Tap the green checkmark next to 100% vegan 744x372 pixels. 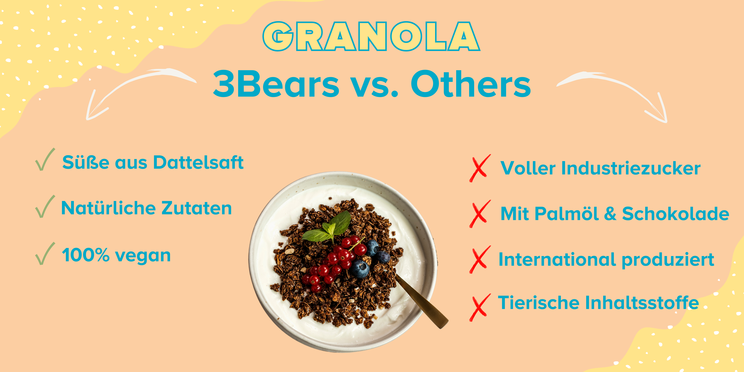45,254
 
